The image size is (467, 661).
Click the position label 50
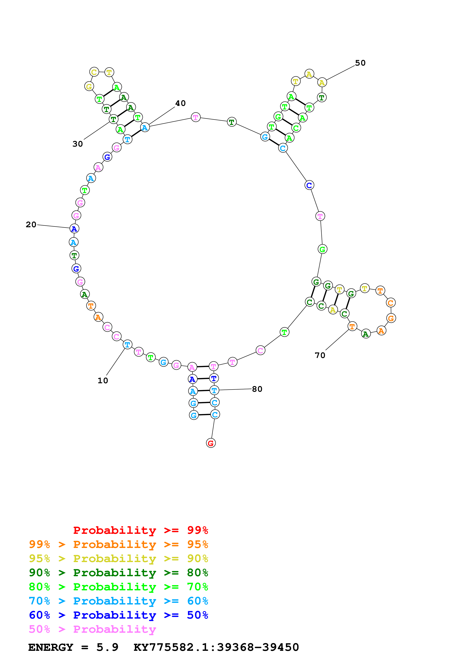360,63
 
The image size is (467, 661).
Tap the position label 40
180,103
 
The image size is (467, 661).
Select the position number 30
78,144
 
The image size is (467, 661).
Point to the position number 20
31,225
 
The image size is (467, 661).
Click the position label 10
103,381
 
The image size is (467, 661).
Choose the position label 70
320,355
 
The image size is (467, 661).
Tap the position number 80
257,389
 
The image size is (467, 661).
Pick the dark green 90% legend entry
118,573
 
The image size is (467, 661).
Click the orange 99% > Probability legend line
118,544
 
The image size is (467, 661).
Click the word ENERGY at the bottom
51,647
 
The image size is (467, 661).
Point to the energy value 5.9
107,647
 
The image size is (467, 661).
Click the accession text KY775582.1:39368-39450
216,647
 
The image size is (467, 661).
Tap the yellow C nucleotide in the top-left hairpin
94,72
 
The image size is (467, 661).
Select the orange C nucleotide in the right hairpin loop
391,303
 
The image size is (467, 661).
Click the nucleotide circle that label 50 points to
322,82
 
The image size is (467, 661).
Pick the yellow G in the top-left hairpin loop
89,86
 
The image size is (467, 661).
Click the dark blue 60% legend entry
118,615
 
